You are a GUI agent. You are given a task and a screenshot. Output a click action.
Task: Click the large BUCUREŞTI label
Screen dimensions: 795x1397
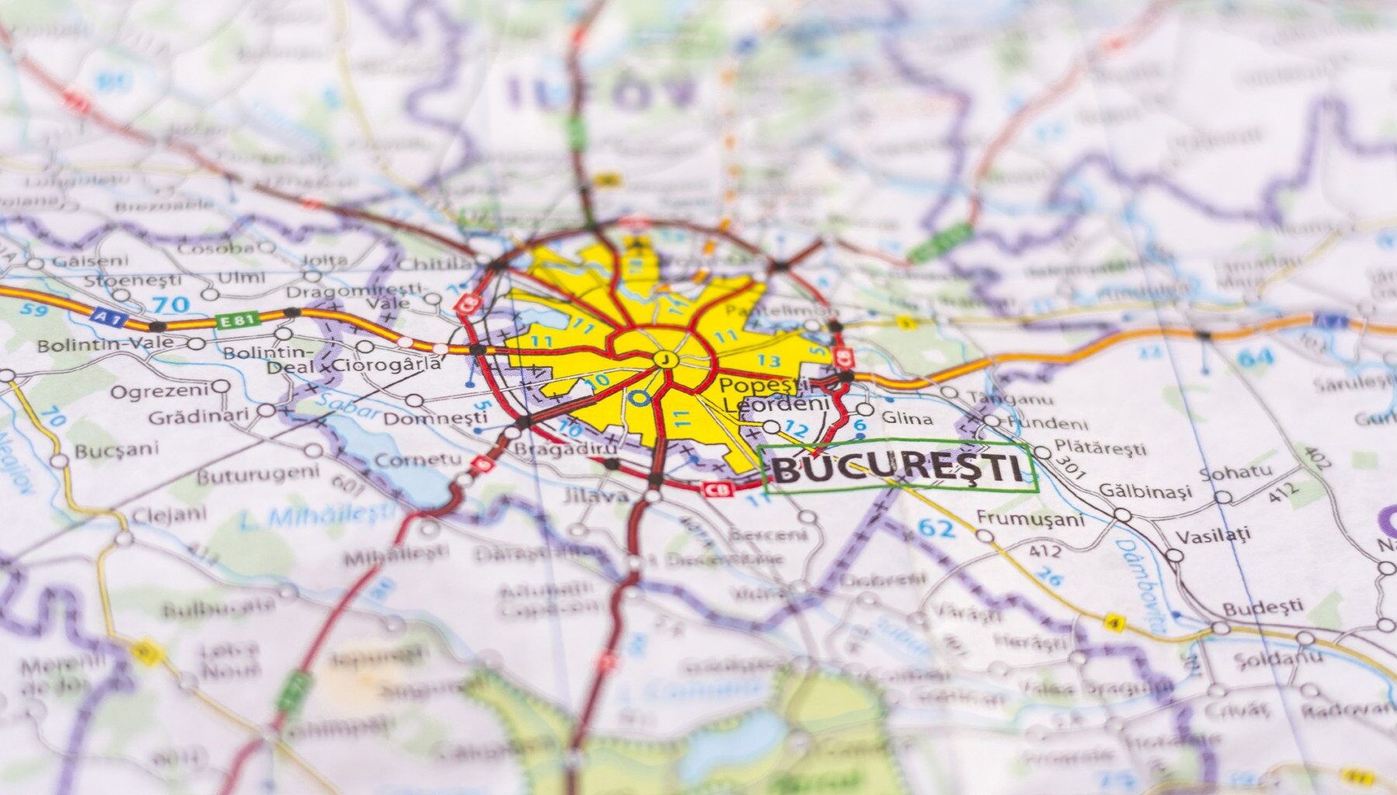tap(899, 468)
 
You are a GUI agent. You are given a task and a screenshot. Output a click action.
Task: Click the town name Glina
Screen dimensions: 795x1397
tap(907, 418)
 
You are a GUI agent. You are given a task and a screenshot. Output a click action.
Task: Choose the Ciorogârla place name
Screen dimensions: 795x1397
tap(387, 363)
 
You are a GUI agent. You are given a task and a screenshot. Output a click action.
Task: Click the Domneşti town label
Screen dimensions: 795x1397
tap(436, 418)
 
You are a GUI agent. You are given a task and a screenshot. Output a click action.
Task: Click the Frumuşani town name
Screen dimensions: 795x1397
tap(1029, 519)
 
